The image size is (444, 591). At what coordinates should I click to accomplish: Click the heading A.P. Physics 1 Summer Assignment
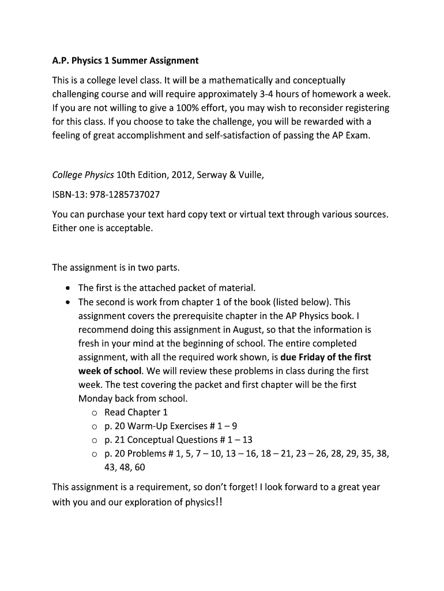[125, 61]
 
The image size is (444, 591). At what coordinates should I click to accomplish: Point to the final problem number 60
[140, 467]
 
